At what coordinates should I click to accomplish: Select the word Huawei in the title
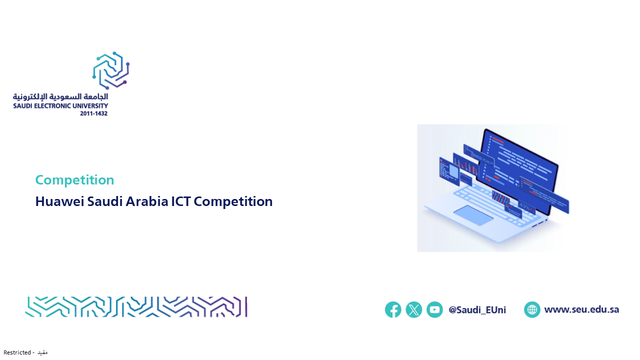pos(59,201)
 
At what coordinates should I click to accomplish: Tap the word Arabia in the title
pos(147,201)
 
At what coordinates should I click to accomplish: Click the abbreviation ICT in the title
pos(181,201)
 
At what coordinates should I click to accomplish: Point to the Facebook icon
pos(393,309)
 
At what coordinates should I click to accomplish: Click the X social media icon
pos(414,309)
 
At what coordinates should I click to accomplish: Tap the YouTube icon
pos(435,309)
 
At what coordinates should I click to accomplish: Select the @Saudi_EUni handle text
pos(477,310)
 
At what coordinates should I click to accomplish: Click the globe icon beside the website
pos(532,309)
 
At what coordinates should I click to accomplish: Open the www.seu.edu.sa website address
pos(581,309)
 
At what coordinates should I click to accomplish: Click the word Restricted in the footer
pos(17,352)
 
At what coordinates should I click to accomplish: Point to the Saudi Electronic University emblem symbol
pos(111,70)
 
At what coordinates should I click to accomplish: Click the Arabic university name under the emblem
pos(60,97)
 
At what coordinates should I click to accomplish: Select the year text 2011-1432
pos(93,113)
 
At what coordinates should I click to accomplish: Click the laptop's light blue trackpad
pos(473,215)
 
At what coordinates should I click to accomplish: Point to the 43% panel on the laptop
pos(526,206)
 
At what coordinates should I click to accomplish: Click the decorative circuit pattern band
pos(136,307)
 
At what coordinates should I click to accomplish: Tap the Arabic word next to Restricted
pos(42,352)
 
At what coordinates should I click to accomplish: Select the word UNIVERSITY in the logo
pos(90,106)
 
